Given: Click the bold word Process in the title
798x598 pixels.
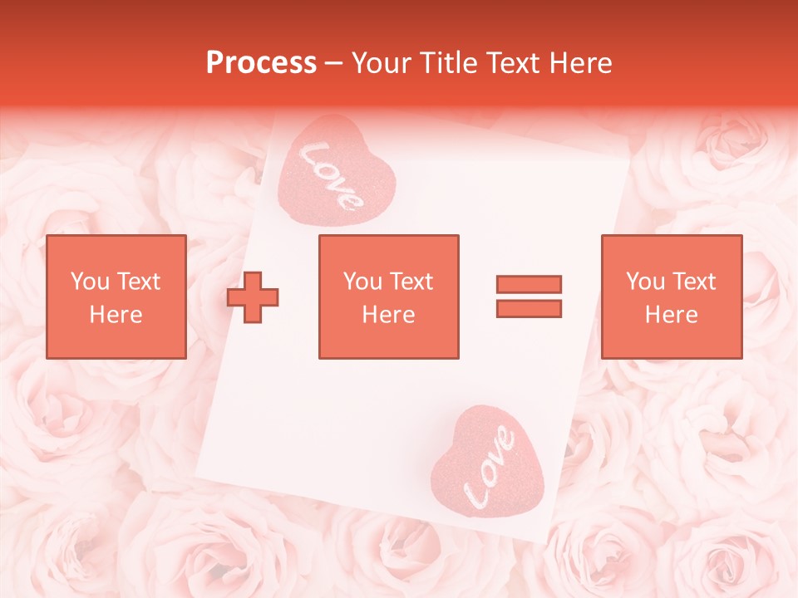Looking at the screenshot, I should coord(261,63).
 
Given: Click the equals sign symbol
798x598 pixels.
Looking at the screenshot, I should coord(529,297).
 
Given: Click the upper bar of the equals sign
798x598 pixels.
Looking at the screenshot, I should coord(529,285).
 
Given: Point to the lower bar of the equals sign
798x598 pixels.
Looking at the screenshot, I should coord(529,308).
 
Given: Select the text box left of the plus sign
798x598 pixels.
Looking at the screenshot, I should coord(116,297).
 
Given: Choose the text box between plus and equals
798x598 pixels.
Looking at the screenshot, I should coord(388,297).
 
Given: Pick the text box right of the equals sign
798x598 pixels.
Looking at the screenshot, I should coord(671,297).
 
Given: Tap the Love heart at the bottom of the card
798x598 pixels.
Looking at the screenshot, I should coord(489,464).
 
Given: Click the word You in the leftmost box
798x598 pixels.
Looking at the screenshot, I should coord(89,282).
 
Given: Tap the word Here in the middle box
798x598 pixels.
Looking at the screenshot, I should coord(388,315).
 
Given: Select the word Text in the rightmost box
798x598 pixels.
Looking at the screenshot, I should coord(693,282).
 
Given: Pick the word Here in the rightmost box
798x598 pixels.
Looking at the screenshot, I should coord(671,315).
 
